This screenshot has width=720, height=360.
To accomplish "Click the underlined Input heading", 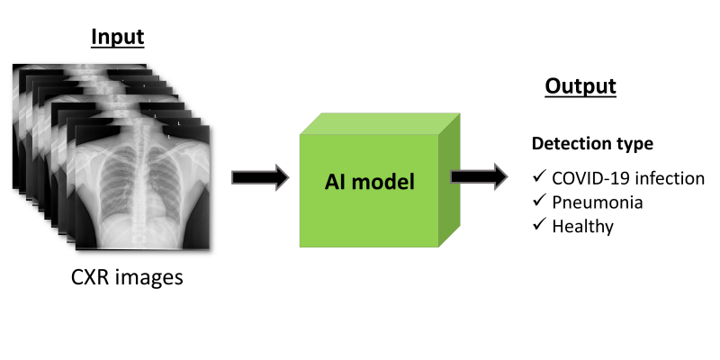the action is tap(118, 37).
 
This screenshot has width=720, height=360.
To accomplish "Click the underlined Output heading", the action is tap(580, 86).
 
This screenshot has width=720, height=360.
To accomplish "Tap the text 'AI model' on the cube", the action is tap(370, 182).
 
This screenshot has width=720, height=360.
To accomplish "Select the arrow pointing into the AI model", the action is tap(260, 177).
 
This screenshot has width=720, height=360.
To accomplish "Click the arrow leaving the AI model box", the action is tap(479, 176).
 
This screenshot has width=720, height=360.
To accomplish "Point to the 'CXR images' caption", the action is tap(127, 277).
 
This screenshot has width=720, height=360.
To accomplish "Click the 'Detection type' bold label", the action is tap(592, 144).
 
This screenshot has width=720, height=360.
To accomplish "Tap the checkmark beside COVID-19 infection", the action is tap(539, 175).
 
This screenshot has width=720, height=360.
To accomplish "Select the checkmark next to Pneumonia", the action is tap(539, 200).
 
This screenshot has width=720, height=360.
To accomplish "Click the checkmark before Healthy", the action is tap(539, 224).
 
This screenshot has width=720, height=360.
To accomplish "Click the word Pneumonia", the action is tap(598, 202).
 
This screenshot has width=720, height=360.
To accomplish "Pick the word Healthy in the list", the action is tap(582, 227).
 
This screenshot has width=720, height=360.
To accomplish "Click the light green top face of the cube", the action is tap(380, 123).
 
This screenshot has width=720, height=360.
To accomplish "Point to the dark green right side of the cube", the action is tap(449, 179).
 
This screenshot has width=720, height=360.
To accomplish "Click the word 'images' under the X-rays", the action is tap(150, 278).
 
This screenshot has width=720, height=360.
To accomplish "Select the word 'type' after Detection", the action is tap(636, 145).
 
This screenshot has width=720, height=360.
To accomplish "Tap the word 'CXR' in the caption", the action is tap(92, 277).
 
